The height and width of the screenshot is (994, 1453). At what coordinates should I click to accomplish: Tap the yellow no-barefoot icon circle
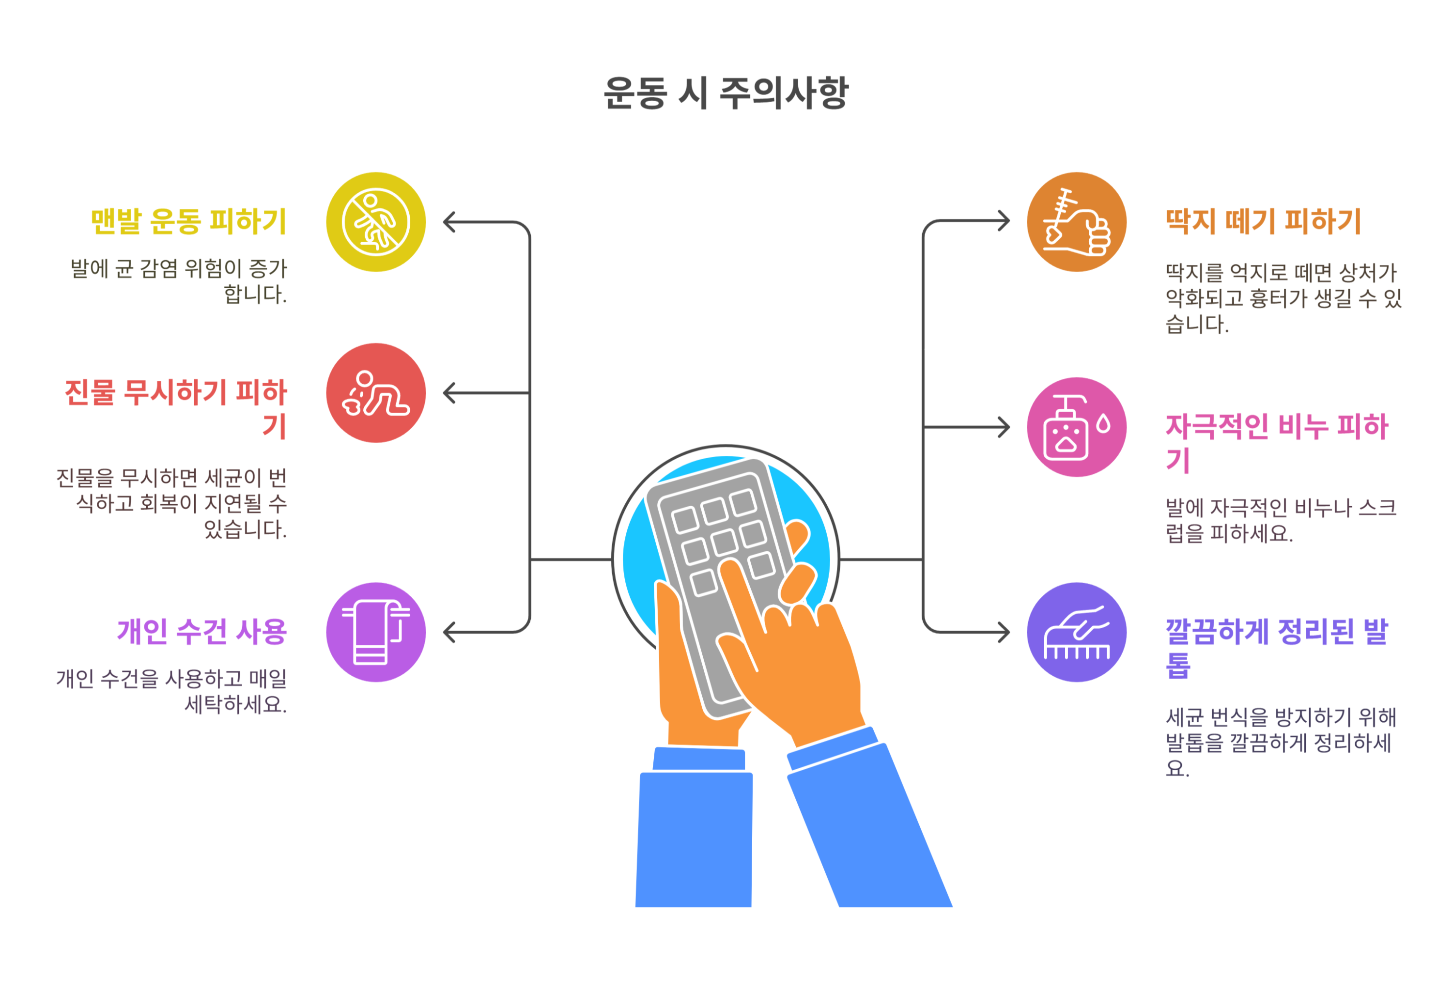point(376,222)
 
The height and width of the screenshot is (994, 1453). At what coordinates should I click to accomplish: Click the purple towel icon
point(376,632)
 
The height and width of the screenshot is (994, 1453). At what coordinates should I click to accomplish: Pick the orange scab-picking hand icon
point(1076,222)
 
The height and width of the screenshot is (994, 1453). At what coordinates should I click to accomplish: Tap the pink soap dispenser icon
point(1076,427)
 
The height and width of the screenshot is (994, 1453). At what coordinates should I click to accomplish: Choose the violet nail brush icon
point(1076,632)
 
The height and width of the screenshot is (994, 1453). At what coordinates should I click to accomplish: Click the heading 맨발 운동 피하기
point(189,222)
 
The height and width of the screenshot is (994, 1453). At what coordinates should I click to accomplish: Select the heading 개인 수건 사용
point(202,631)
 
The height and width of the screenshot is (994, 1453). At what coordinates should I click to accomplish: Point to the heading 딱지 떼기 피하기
point(1263,222)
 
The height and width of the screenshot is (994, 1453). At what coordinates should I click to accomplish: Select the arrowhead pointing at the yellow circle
point(449,222)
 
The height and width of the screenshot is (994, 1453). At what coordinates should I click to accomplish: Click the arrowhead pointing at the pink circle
point(1004,427)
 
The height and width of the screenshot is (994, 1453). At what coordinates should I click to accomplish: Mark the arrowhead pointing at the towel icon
point(449,632)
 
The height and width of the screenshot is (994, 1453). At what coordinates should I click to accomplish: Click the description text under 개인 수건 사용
point(172,691)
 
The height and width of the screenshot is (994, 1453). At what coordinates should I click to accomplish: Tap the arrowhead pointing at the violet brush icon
point(1004,632)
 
